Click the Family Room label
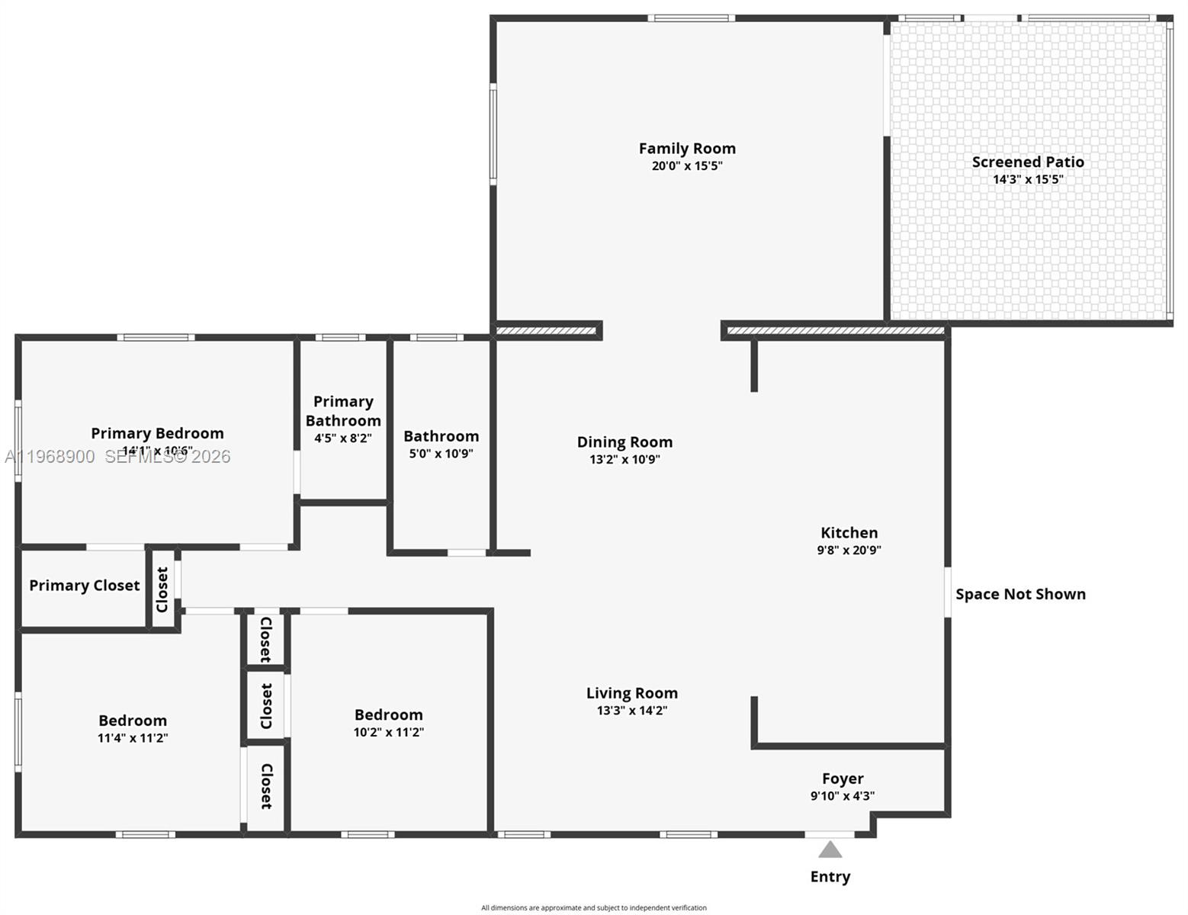coord(687,149)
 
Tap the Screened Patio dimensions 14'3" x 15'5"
coord(1028,180)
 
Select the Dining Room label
coord(625,442)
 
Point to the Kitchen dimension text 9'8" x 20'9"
coord(849,551)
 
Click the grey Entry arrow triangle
coord(830,849)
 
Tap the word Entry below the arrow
coord(830,877)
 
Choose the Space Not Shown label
coord(1020,595)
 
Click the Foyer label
coord(843,779)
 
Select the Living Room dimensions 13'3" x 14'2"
coord(632,711)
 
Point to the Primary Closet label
coord(85,586)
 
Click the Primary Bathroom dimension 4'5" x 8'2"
coord(343,438)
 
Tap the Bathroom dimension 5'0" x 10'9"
coord(441,454)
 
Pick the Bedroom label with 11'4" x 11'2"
coord(133,721)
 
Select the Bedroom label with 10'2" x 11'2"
coord(389,714)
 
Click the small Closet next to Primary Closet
coord(162,589)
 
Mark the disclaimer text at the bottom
coord(594,907)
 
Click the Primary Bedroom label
coord(157,433)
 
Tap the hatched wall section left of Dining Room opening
coord(546,331)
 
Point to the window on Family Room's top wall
coord(692,18)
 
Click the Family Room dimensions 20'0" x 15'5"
coord(687,166)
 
